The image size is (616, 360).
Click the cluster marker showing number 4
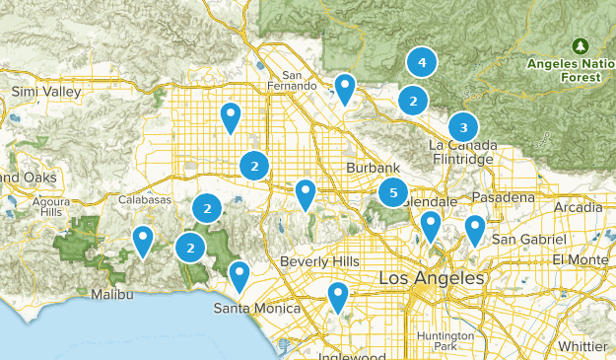point(422,62)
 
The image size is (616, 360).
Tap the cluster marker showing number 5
point(393,193)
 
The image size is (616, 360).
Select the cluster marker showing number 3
point(463,127)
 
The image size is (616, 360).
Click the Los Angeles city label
point(432,279)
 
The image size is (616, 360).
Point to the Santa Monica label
point(257,309)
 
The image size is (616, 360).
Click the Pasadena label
point(502,197)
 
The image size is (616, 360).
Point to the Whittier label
point(582,346)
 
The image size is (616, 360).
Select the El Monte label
point(580,259)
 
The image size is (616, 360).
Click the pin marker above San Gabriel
point(475,229)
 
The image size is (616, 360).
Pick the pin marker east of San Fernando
point(344,87)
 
